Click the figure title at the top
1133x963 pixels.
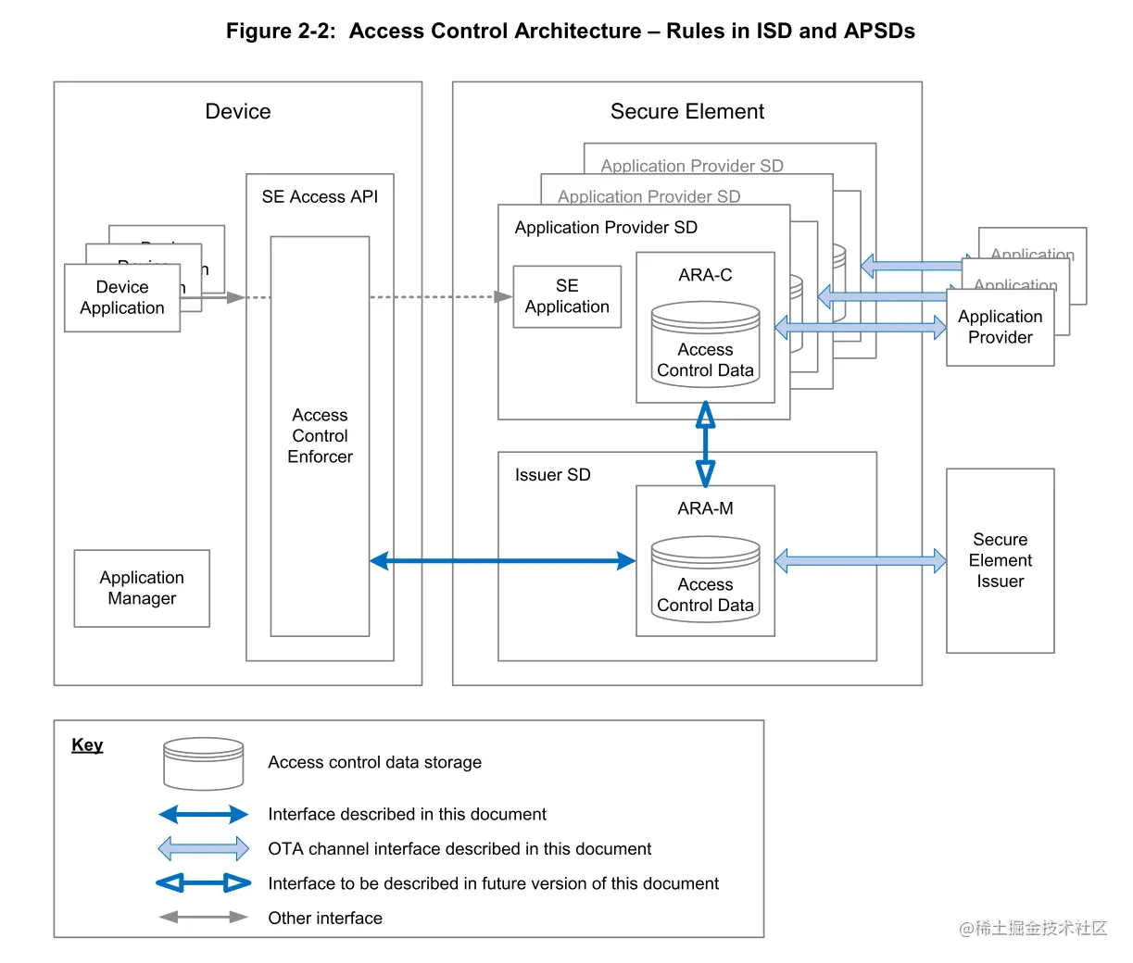570,31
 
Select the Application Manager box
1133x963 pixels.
142,588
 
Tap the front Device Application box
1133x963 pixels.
122,298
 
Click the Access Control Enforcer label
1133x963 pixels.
320,435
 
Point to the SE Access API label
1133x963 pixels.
320,196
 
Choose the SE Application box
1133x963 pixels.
567,296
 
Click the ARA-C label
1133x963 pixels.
705,275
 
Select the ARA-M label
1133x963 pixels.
705,508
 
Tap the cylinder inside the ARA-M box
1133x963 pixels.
705,580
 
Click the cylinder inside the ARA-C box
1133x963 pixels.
705,344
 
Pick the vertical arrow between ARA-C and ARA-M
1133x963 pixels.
705,444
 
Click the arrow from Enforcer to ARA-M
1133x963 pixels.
502,560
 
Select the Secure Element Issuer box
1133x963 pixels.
1000,560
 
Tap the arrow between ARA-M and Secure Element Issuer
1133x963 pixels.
860,560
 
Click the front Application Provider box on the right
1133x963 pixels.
1000,327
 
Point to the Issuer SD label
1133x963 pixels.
552,475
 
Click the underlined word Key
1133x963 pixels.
87,745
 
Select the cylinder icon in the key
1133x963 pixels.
203,763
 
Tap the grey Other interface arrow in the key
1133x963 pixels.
203,918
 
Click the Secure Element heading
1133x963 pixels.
686,112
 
